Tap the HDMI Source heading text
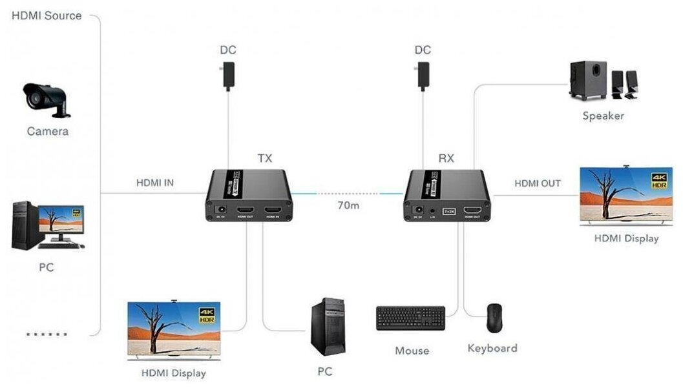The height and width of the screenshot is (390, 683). point(47,15)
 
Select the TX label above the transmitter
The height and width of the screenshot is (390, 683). point(265,158)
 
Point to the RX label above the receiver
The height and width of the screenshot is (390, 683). point(447,158)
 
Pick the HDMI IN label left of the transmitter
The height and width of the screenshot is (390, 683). point(154,183)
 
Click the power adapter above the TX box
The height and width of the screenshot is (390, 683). point(227,76)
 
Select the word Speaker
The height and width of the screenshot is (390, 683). point(604,116)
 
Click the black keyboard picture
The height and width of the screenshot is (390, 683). point(411,318)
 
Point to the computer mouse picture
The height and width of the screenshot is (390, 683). point(494,317)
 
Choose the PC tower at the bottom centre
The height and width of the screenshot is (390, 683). point(328,327)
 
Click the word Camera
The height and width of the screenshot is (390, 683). point(48,131)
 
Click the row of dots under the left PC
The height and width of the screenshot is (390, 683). point(47,334)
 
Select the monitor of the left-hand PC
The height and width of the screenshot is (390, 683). point(63,221)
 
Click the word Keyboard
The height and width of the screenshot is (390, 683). point(492,348)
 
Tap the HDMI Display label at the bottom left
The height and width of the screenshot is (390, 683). point(174,373)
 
